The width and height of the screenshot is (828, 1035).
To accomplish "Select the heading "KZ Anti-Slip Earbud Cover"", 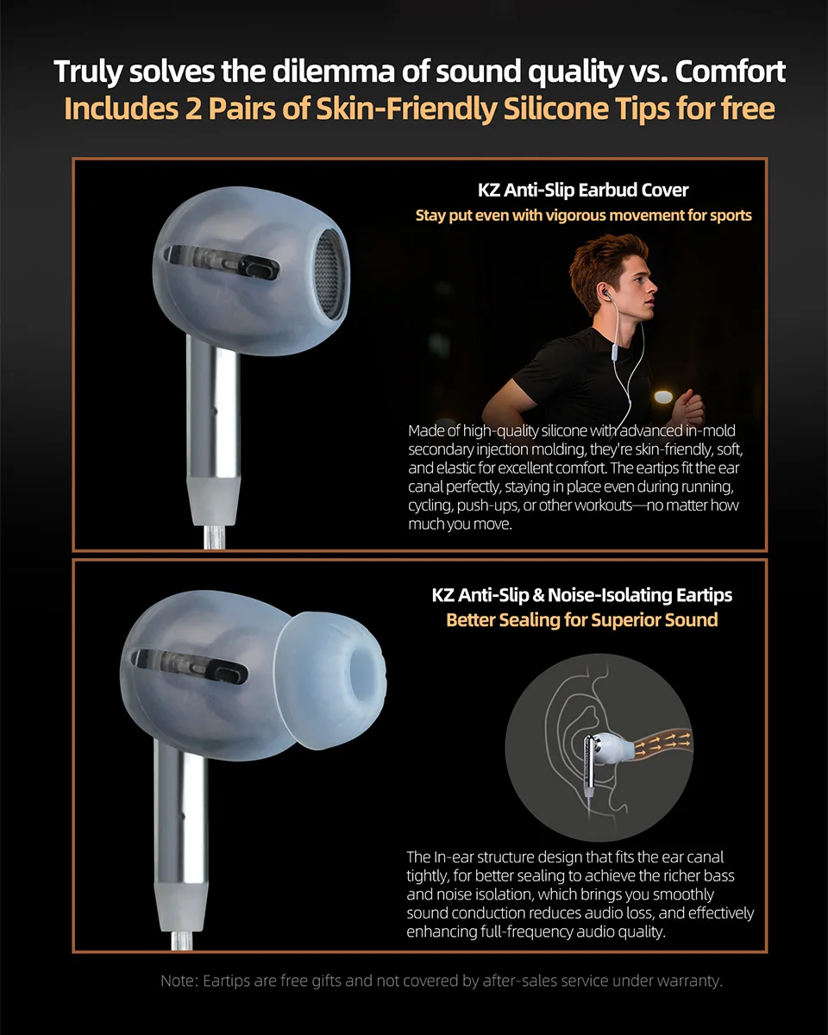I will point(583,190).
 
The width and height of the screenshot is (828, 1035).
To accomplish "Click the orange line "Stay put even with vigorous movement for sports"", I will point(583,215).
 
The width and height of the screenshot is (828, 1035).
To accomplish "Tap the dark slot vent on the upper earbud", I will point(222,260).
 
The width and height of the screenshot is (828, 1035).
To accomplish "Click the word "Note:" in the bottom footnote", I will point(179,981).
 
